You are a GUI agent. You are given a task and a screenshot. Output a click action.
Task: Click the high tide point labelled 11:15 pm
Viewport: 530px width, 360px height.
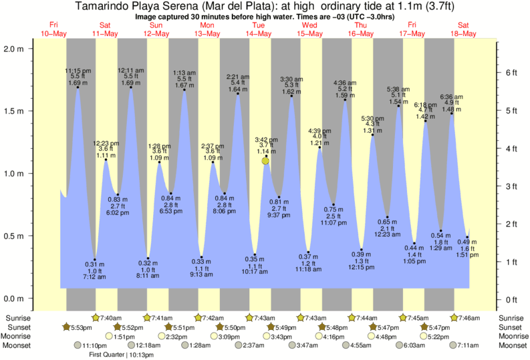78,87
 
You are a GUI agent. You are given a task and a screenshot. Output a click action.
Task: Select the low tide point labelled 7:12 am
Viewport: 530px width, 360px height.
95,260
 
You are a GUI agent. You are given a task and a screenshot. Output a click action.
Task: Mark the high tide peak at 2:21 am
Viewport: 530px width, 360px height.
238,94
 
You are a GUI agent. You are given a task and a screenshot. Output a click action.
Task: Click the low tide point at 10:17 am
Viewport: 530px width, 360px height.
255,254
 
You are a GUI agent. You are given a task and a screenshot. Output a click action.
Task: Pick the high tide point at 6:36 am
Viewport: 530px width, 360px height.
452,114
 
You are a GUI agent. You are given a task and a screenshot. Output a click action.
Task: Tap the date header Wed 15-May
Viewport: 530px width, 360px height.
309,29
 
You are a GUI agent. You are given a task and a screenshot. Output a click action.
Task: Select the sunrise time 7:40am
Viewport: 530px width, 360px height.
110,317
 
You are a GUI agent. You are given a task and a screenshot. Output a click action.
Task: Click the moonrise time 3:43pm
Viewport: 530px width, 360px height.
283,336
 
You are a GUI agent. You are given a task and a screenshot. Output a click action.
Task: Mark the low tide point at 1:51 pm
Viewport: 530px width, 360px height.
467,238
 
